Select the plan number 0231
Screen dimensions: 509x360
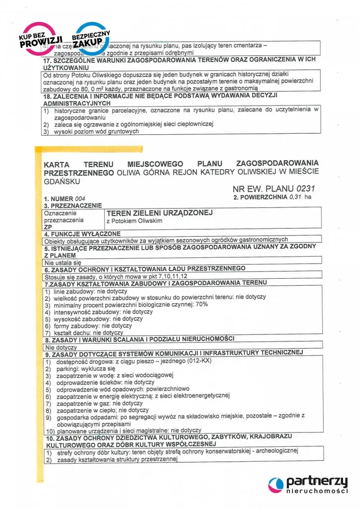[305, 189]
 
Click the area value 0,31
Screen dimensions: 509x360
[296, 197]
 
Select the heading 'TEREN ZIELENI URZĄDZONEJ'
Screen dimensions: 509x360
[159, 213]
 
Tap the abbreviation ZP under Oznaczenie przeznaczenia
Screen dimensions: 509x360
[48, 226]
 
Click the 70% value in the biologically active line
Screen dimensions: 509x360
[202, 305]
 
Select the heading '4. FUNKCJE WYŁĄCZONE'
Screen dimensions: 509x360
[82, 234]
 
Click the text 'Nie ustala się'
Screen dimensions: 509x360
[62, 262]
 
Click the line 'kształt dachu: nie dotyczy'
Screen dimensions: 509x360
[90, 332]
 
